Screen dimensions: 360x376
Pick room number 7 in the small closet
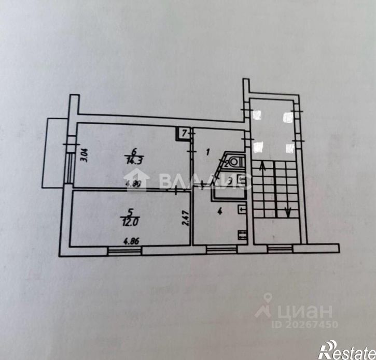(x=183, y=134)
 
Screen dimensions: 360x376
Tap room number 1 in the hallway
(x=208, y=152)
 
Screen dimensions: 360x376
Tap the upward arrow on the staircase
(x=263, y=167)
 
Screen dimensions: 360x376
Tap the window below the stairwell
(x=279, y=249)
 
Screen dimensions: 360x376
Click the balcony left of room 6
(x=54, y=153)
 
